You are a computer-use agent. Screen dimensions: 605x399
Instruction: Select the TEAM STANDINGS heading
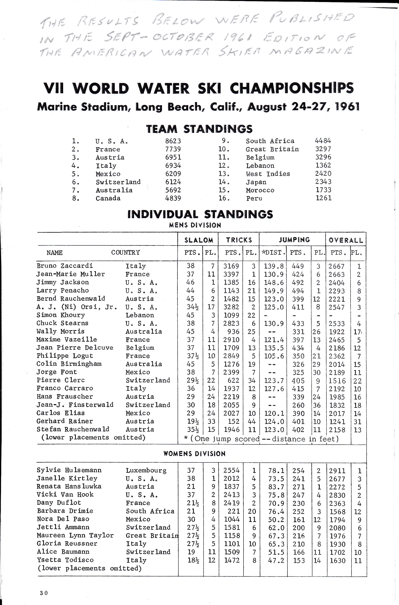point(199,129)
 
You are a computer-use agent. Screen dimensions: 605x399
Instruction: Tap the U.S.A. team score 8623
point(173,141)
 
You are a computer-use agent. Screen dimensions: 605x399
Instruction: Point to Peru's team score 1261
point(324,198)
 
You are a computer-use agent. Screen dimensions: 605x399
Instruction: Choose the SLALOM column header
point(199,240)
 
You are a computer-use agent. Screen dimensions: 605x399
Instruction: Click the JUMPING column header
point(294,240)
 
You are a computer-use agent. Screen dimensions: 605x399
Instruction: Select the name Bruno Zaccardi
point(65,266)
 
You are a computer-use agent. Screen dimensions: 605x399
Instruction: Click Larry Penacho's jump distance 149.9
point(274,291)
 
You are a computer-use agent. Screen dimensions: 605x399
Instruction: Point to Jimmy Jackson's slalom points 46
point(190,282)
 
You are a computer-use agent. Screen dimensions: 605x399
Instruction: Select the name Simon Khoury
point(61,315)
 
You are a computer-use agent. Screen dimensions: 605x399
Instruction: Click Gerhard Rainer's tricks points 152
point(233,421)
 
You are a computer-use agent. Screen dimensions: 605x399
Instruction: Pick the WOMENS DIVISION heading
point(194,454)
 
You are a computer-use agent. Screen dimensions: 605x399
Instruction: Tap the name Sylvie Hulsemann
point(69,470)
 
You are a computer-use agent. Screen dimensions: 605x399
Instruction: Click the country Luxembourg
point(146,471)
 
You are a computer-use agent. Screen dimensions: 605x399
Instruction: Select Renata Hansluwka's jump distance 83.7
point(276,487)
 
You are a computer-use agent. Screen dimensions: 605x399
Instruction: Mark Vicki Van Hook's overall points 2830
point(337,495)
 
